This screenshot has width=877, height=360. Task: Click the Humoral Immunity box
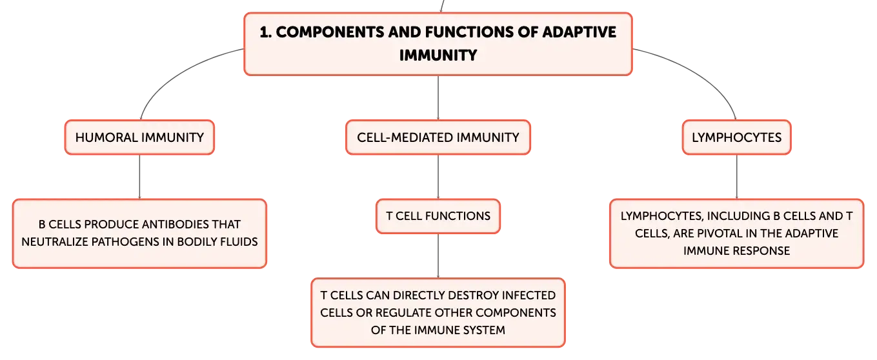pos(139,137)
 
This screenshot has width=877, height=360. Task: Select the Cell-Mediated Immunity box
pos(438,137)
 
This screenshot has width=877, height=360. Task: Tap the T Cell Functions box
pos(438,216)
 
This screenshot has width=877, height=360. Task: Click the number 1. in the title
pos(265,32)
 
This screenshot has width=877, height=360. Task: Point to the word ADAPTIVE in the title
pos(579,32)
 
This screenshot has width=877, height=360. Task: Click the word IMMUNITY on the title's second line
pos(438,55)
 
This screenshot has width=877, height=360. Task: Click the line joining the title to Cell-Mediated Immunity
pos(438,98)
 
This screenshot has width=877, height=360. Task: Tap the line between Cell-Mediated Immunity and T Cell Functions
pos(438,177)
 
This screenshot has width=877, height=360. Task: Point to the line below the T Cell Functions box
pos(438,256)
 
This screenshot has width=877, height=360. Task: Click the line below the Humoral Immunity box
pos(139,177)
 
